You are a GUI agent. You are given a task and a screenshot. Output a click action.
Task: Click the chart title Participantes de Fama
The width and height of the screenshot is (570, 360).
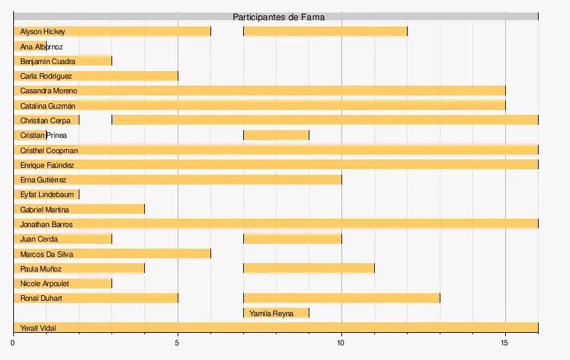(278, 17)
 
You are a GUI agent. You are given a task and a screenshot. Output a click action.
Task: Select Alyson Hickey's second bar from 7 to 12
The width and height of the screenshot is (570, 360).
(325, 31)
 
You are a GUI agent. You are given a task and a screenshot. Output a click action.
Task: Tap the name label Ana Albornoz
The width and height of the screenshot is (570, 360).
(41, 47)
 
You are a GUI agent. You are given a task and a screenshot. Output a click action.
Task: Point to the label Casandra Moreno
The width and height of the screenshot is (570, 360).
(49, 91)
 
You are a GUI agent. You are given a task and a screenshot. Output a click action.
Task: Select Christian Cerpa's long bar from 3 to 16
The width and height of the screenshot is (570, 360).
(325, 120)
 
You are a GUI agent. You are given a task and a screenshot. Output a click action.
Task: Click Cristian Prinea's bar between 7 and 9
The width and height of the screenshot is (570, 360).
(276, 135)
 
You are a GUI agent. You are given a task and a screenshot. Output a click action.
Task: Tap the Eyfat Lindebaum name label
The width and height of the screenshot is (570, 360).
(47, 195)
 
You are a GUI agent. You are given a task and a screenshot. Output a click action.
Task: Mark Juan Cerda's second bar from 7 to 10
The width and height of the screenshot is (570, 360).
(292, 240)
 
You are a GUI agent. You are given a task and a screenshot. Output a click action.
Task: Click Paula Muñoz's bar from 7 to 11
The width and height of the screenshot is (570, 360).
(309, 269)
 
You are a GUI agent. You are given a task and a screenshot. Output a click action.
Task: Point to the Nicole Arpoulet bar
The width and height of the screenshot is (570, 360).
(62, 283)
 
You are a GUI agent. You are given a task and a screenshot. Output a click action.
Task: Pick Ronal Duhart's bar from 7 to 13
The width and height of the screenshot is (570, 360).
(341, 299)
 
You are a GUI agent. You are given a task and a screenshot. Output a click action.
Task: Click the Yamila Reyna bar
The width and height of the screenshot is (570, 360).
(276, 313)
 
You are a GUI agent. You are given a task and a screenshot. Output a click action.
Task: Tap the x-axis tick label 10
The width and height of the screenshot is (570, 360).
(341, 343)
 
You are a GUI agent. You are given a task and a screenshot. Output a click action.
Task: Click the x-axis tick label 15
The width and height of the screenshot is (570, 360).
(505, 343)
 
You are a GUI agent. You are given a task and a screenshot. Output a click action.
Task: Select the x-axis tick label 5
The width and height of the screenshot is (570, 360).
(178, 343)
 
